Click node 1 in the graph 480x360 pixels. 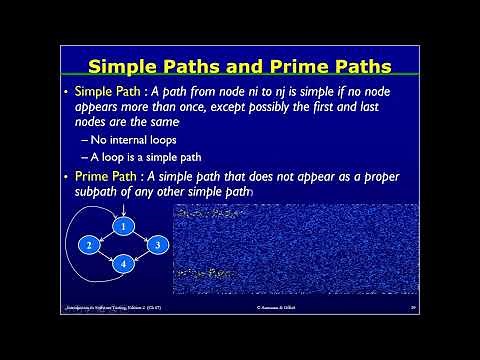[x=122, y=226]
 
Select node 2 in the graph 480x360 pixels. [x=89, y=245]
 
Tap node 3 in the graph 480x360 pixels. [x=154, y=245]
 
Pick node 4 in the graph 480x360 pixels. [x=122, y=264]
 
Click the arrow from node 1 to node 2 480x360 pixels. [x=106, y=235]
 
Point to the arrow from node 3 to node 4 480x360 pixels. [x=139, y=254]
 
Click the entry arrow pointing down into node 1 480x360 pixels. [x=122, y=210]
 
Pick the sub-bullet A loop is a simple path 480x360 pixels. [x=141, y=157]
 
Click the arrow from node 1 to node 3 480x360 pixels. [x=138, y=235]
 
